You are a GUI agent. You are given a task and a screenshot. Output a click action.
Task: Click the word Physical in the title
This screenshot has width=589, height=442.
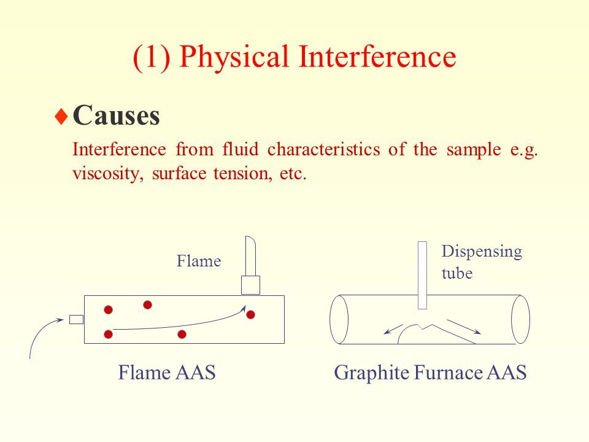[x=234, y=57]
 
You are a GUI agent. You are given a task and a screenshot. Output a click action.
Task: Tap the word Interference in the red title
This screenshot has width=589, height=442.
[x=377, y=56]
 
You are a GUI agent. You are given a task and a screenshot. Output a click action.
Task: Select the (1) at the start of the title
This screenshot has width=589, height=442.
[x=152, y=57]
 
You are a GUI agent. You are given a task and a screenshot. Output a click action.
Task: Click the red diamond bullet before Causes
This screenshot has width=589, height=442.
[x=61, y=117]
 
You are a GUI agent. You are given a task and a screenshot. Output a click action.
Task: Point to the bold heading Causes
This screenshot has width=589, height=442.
[x=117, y=115]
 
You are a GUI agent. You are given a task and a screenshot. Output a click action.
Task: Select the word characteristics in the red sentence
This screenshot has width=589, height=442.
[x=323, y=149]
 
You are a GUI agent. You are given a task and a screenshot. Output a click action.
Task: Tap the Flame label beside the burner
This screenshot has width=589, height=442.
[x=199, y=261]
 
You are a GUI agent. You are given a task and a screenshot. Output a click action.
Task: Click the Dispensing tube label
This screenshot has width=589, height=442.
[x=482, y=262]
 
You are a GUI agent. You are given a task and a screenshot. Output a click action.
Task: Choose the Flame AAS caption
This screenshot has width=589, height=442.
[x=167, y=373]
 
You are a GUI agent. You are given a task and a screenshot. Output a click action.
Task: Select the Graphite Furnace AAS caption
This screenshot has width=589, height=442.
[x=430, y=373]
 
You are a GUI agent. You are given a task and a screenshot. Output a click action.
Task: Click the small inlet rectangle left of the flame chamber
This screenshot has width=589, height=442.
[x=76, y=319]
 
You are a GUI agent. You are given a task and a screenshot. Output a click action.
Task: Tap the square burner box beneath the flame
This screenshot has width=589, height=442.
[x=250, y=285]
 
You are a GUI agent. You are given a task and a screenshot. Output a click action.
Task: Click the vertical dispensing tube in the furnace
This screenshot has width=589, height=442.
[x=422, y=275]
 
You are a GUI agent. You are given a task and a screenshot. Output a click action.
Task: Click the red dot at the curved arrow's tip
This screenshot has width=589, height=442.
[x=250, y=314]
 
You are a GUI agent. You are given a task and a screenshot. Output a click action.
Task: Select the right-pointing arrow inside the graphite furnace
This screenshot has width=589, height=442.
[x=464, y=327]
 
